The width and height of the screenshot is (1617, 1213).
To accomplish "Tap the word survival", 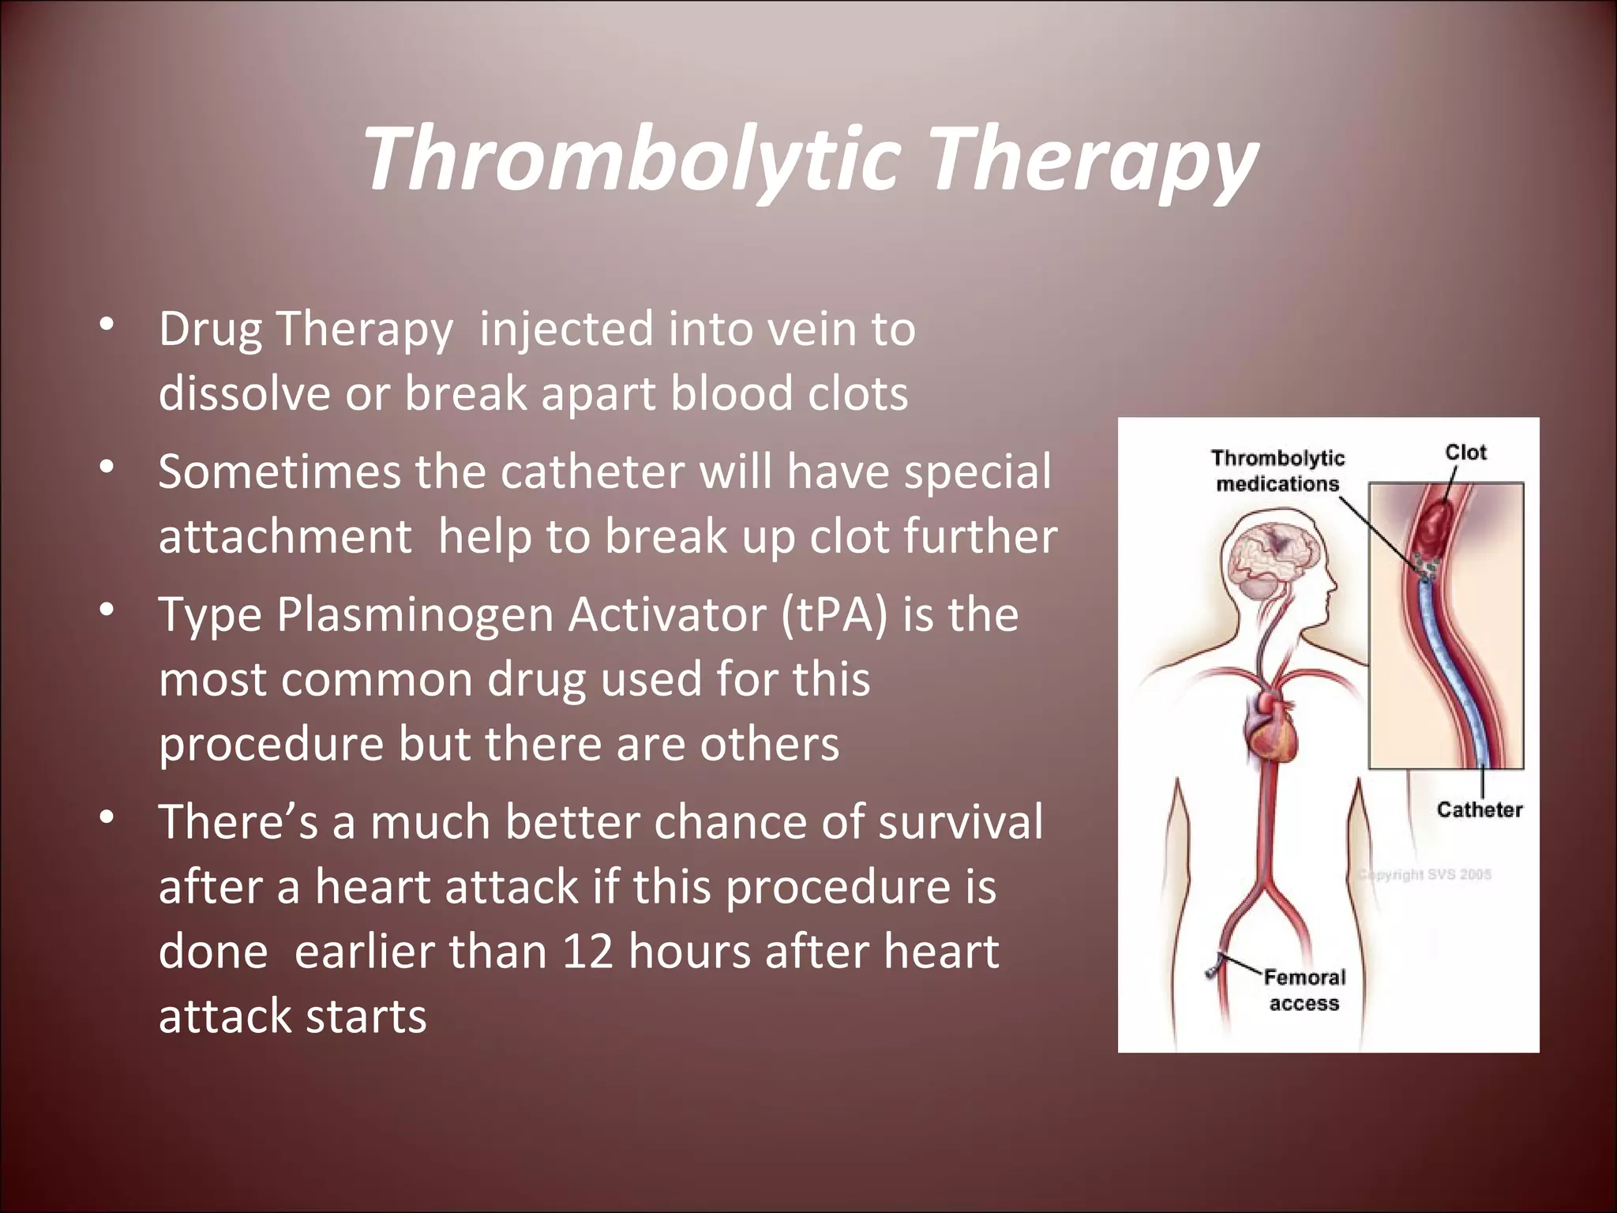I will point(960,821).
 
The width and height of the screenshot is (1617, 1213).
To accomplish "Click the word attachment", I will point(285,537).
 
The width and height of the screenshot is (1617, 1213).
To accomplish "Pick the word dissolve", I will point(244,393).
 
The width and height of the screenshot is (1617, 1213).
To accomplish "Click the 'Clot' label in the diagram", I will point(1465,453).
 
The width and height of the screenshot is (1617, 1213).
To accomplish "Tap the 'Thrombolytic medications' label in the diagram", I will point(1277,471).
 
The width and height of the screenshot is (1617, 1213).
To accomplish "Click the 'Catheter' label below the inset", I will point(1479,809).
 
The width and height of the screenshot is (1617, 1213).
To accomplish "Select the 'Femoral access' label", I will point(1304,990).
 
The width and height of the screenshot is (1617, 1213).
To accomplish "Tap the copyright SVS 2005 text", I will point(1425,874).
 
